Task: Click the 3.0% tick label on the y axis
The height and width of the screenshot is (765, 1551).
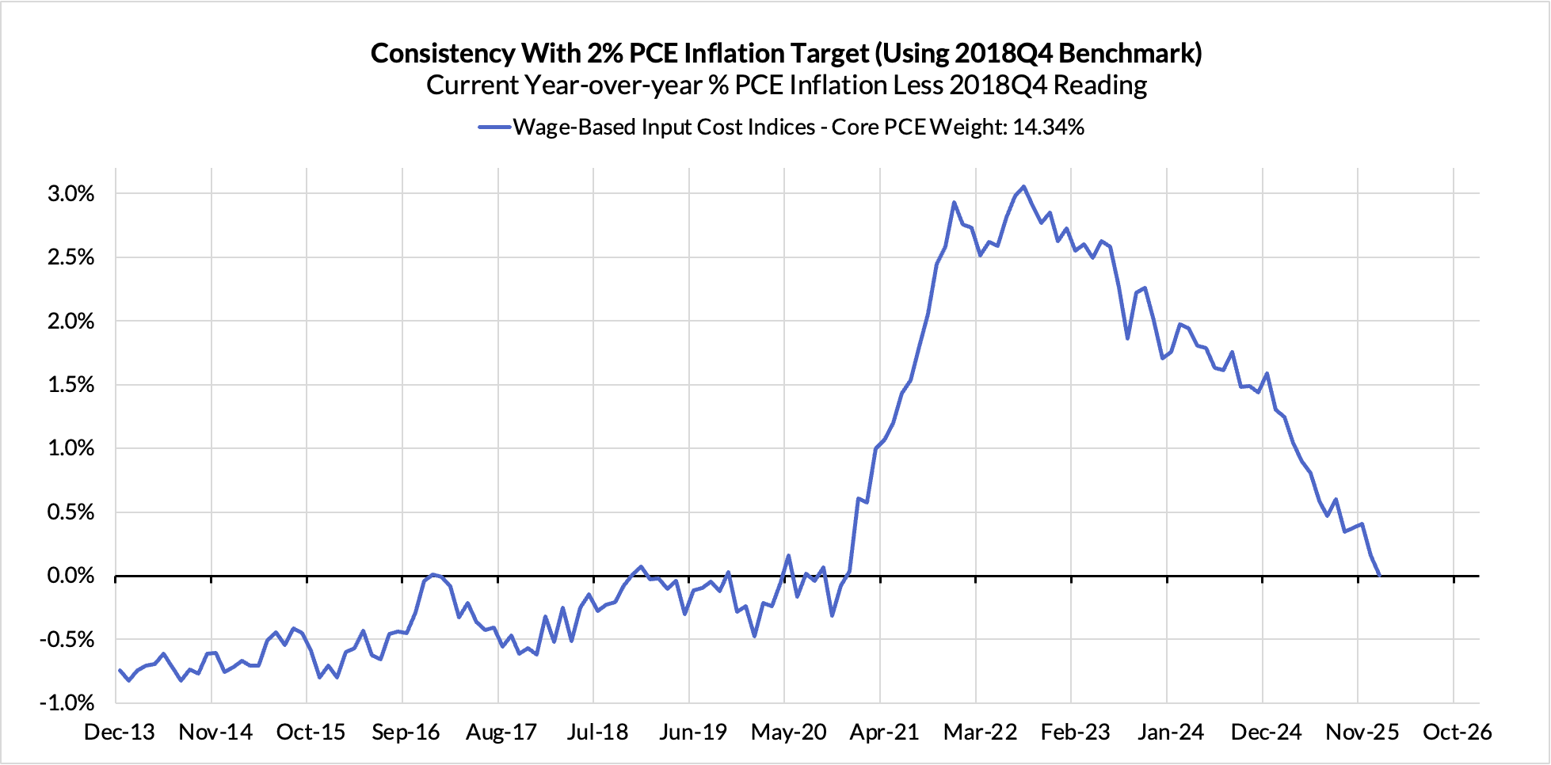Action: coord(70,194)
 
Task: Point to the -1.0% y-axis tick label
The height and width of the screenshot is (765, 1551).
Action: coord(67,702)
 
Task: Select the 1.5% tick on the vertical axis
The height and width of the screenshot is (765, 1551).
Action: coord(70,385)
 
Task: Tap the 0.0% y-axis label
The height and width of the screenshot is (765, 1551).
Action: coord(70,576)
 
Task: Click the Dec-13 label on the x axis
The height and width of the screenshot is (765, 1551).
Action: coord(120,732)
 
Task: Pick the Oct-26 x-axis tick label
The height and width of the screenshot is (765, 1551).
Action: coord(1457,732)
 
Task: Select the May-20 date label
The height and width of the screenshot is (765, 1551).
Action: coord(788,732)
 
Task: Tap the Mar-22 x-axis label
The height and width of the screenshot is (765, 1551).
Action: coord(980,732)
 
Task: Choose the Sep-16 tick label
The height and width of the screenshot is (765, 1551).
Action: coord(406,732)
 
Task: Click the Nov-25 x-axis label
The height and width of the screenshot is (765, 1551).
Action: coord(1362,732)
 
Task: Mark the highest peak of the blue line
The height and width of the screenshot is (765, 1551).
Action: coord(1023,187)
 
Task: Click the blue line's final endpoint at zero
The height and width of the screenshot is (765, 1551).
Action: coord(1380,575)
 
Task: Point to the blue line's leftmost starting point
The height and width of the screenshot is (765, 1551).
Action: coord(120,670)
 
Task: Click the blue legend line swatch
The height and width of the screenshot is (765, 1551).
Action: coord(494,127)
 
